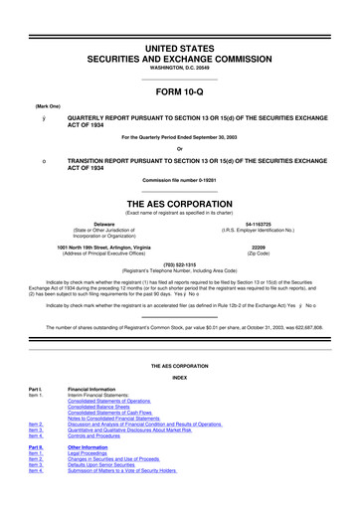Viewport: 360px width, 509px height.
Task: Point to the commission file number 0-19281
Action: pyautogui.click(x=179, y=179)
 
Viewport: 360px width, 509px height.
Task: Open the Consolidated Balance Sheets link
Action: pyautogui.click(x=102, y=407)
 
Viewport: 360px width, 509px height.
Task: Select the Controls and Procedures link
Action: pyautogui.click(x=99, y=435)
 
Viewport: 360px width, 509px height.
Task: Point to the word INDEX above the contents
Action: pyautogui.click(x=179, y=378)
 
